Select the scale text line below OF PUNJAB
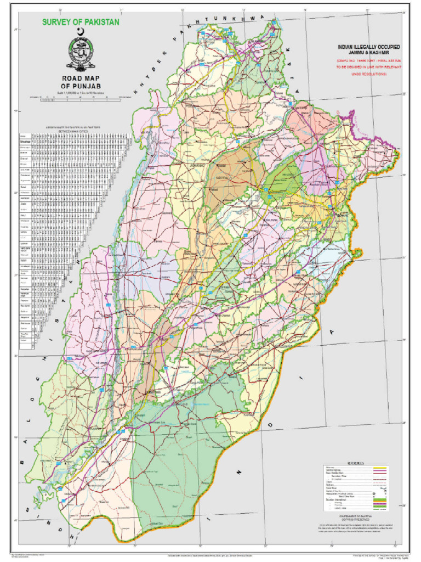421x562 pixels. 81,92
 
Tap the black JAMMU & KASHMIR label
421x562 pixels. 360,53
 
